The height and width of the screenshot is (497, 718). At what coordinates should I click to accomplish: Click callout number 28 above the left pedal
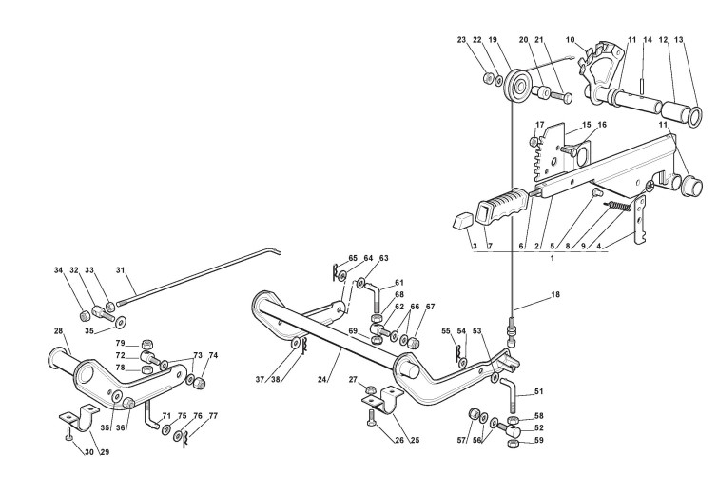click(57, 332)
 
